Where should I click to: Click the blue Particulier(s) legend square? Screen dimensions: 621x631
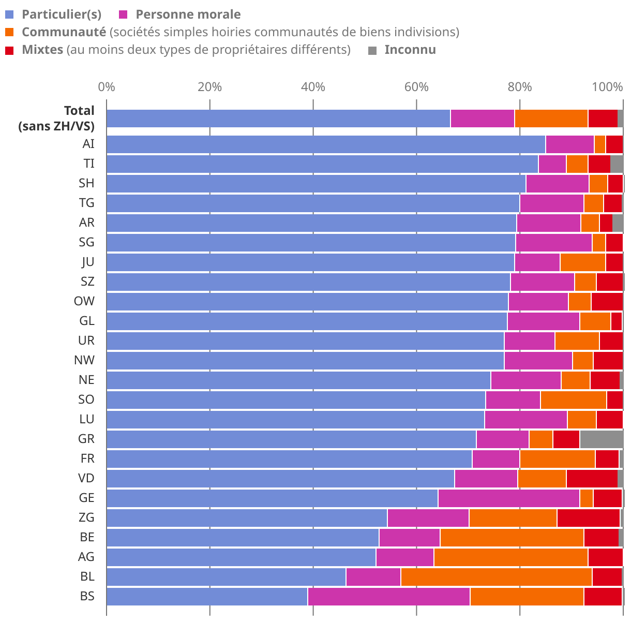(10, 14)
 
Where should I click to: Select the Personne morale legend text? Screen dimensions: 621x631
(188, 14)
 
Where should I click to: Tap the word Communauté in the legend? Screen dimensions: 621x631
(64, 32)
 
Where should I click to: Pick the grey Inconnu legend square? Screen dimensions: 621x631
(372, 50)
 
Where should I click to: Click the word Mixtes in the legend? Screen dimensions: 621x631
(43, 50)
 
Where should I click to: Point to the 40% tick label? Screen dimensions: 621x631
(313, 87)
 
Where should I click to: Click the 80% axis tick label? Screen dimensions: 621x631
(520, 87)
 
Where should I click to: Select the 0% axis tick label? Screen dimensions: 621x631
(107, 87)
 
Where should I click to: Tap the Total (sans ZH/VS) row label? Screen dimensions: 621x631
(56, 119)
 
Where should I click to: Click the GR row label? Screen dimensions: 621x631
(86, 439)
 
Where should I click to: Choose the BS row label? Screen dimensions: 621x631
(87, 596)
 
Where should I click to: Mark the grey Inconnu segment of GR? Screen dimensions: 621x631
(601, 439)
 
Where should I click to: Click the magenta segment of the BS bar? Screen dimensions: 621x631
(388, 596)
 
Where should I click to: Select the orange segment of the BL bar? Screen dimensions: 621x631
(496, 576)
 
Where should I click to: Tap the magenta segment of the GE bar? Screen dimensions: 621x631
(508, 498)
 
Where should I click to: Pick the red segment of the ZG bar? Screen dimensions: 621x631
(588, 517)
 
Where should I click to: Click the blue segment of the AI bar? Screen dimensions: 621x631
(326, 144)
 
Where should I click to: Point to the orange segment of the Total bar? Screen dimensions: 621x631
(551, 119)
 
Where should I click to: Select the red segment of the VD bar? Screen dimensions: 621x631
(592, 478)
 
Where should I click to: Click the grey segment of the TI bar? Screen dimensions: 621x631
(617, 164)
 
